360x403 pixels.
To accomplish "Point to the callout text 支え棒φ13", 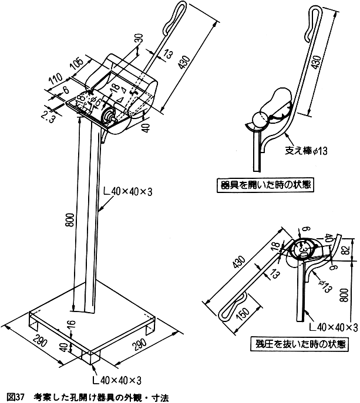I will click(x=305, y=151).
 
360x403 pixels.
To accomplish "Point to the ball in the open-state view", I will click(x=258, y=121).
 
